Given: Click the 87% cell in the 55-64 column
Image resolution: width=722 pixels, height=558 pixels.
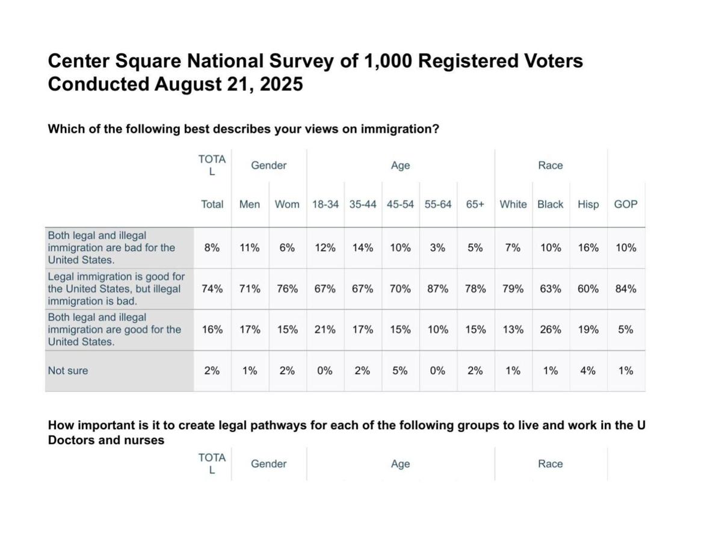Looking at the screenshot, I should [437, 288].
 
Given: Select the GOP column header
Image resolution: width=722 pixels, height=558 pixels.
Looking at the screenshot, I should [626, 204].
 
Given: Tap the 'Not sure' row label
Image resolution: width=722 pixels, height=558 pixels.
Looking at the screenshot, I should [68, 371].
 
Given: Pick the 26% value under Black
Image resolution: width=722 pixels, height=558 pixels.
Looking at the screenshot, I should [551, 329].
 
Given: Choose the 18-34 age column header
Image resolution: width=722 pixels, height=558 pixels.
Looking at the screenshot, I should [325, 204].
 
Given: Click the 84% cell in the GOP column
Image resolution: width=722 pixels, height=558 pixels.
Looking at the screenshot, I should [626, 288].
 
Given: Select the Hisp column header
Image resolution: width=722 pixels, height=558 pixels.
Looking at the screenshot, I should [588, 204].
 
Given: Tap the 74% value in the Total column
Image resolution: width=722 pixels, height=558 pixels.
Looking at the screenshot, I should [212, 288].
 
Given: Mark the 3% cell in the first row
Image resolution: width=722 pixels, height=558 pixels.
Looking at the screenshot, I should [437, 247].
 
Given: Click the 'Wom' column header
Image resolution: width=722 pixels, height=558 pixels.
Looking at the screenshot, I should [287, 204].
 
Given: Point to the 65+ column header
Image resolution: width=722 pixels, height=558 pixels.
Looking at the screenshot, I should [475, 204].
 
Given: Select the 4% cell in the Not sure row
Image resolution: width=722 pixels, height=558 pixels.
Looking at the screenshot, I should [588, 371].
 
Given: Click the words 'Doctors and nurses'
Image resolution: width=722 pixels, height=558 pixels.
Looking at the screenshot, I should [106, 440].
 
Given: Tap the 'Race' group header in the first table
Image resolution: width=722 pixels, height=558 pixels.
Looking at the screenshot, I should [551, 165].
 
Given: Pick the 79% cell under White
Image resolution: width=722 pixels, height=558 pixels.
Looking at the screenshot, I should [513, 288].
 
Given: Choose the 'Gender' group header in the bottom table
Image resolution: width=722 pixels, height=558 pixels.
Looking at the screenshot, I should [269, 463].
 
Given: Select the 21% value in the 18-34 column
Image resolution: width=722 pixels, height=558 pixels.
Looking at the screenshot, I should [325, 329].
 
